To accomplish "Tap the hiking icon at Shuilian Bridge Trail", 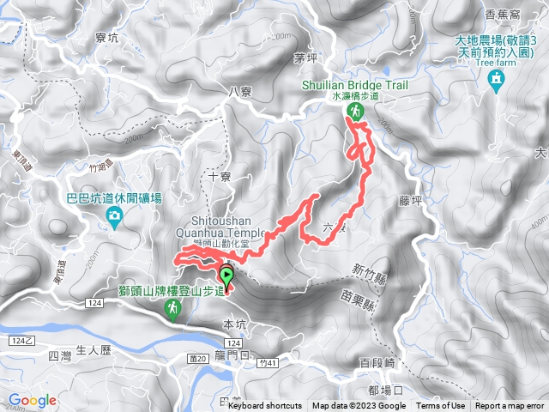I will (x=353, y=112).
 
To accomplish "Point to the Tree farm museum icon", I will (x=494, y=81).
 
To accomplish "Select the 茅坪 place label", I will (x=305, y=58).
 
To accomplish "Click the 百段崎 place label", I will (x=377, y=364).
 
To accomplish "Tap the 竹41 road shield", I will (x=270, y=363).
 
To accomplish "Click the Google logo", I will (x=33, y=400).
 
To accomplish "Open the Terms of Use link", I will (x=441, y=406).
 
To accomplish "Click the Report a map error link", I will (x=510, y=406).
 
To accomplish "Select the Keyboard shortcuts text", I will (x=265, y=406).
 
